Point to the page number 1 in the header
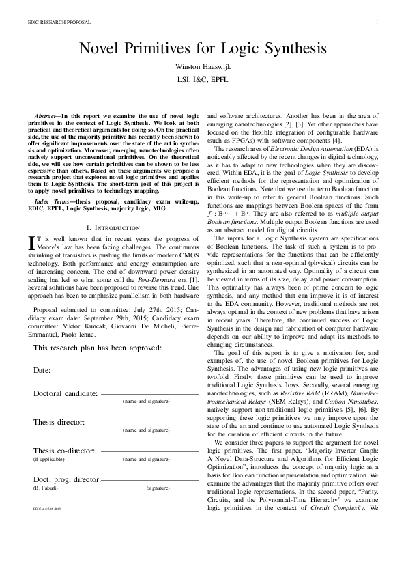tap(377, 23)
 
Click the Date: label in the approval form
tap(42, 369)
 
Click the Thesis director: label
tap(59, 421)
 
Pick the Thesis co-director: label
tap(64, 452)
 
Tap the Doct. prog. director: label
tap(67, 480)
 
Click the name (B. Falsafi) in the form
tap(46, 488)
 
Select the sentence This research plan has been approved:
tap(97, 348)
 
